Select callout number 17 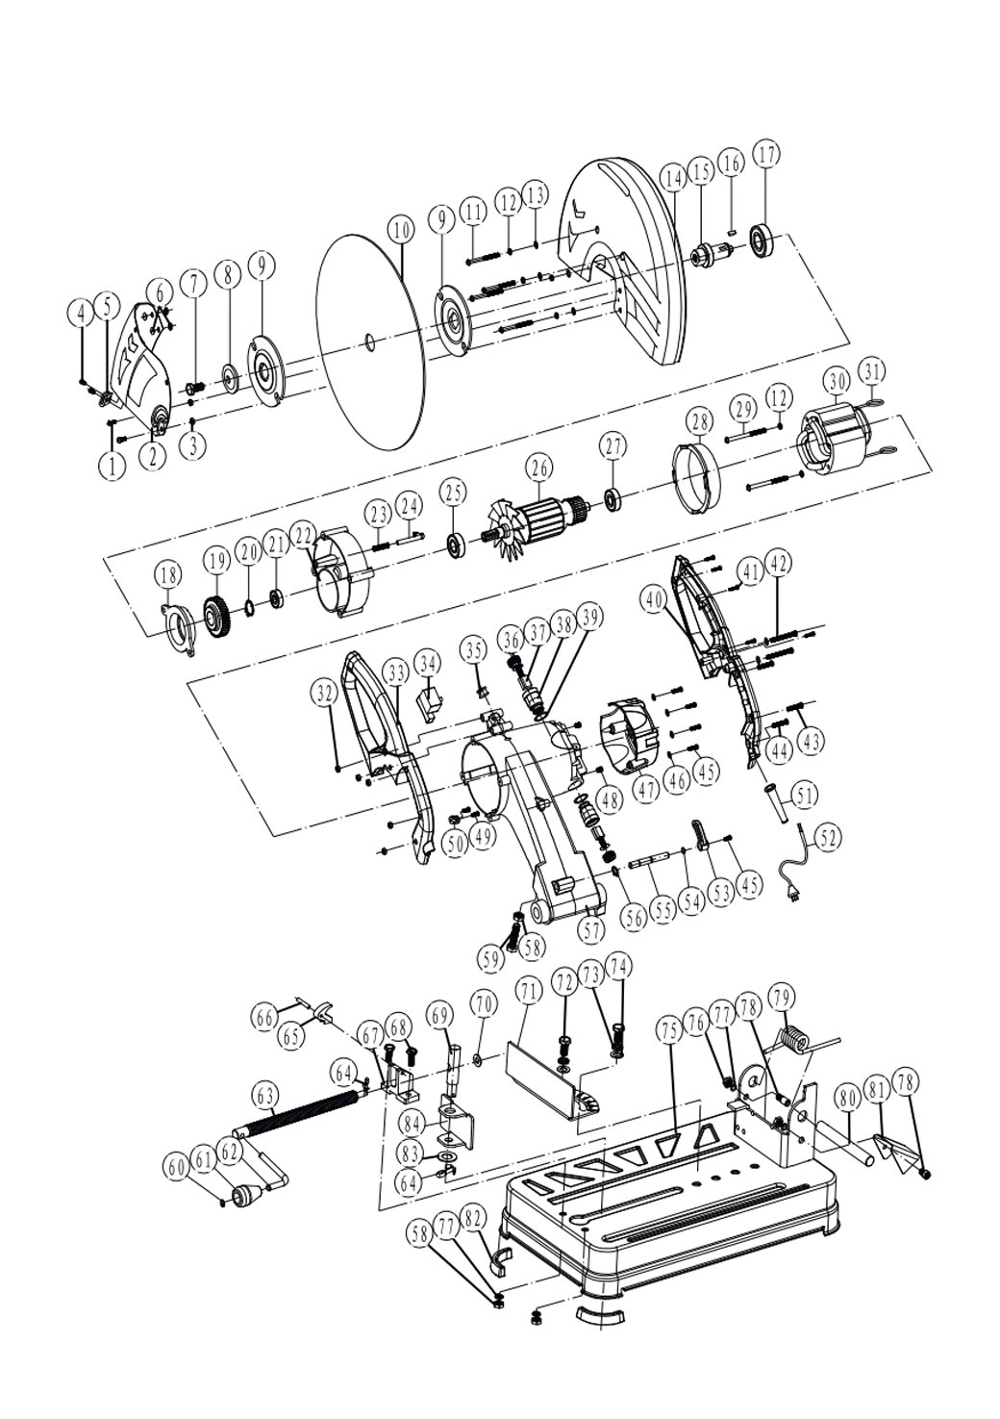click(x=766, y=154)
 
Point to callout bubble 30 click(x=837, y=382)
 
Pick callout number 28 click(x=699, y=421)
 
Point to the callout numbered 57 click(x=592, y=929)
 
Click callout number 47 click(x=647, y=788)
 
